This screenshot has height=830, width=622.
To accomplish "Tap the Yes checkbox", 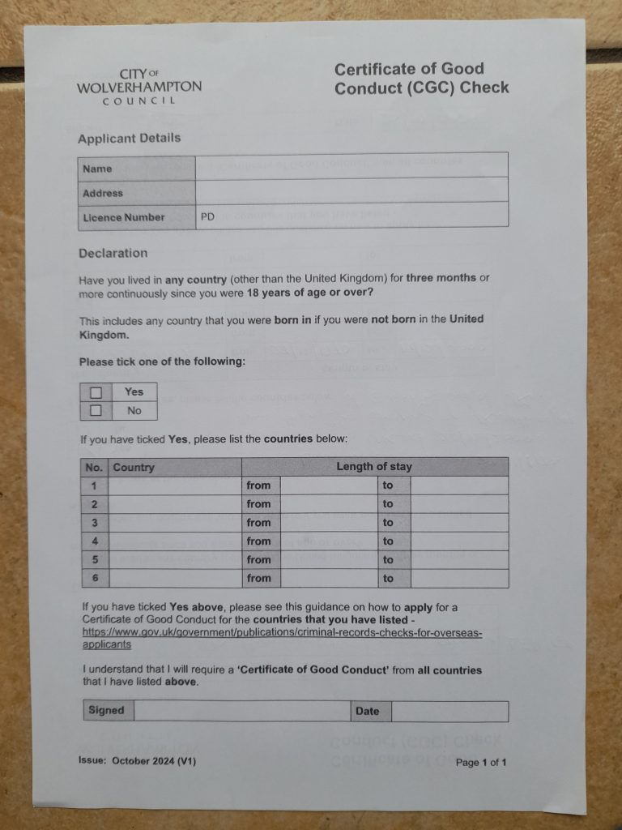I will point(96,392).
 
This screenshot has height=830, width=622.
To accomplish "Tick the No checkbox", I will point(96,411).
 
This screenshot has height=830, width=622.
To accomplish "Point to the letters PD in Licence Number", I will point(207,216).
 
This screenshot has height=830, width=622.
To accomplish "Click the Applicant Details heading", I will point(130,138).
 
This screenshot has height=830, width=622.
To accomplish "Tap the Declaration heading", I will point(113,253).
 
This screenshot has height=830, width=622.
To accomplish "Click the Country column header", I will point(134,468).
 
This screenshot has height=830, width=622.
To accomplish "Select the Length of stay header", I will point(374,466).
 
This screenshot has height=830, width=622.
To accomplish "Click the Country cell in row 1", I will point(175,486).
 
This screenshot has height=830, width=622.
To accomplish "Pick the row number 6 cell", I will point(96,578).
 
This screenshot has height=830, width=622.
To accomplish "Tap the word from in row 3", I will point(259,523).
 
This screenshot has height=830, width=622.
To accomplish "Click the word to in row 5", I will point(388,559).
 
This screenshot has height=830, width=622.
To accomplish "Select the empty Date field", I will point(449,711).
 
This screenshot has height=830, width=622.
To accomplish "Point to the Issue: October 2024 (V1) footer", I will point(137,761).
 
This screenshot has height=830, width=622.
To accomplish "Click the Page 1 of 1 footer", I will point(481,762).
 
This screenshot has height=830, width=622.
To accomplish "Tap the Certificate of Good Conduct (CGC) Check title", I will point(421,79).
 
